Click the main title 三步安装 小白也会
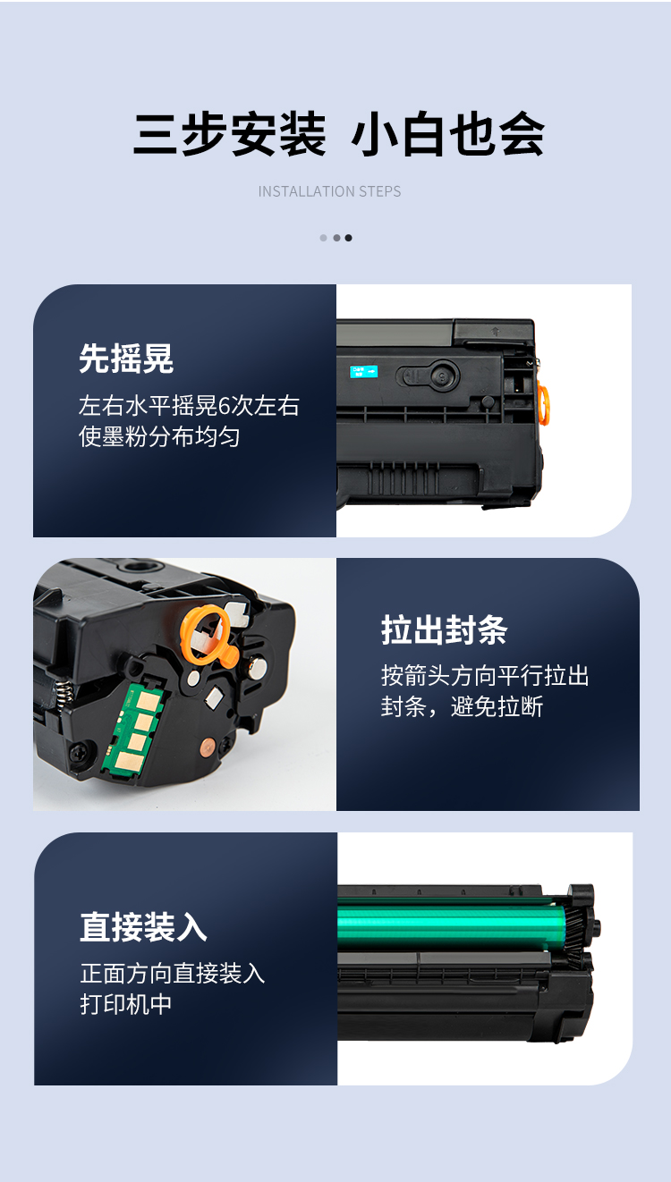(338, 134)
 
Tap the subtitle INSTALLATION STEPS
(329, 191)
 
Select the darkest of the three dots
(348, 238)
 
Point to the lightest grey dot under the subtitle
(324, 238)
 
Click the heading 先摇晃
(126, 359)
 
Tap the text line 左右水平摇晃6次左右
(189, 406)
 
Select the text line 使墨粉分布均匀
(159, 437)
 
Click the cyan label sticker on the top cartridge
(364, 371)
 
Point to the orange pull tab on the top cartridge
(543, 404)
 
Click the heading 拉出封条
(445, 629)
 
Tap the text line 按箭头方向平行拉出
(485, 676)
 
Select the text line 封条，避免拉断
(462, 707)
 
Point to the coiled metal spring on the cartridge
(64, 692)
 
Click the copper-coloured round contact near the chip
(207, 747)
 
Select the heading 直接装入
(143, 927)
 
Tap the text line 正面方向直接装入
(172, 973)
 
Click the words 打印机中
(125, 1004)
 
